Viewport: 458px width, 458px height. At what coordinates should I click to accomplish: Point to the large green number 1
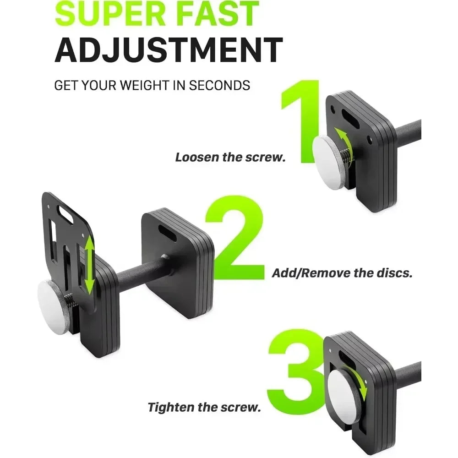click(x=303, y=121)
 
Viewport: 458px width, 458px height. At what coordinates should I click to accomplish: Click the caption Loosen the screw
click(x=230, y=158)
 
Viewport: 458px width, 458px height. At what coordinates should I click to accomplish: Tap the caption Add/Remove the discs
click(x=342, y=273)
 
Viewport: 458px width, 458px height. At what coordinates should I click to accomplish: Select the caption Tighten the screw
click(x=203, y=407)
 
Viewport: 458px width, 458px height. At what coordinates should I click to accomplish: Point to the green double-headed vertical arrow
click(x=89, y=265)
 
